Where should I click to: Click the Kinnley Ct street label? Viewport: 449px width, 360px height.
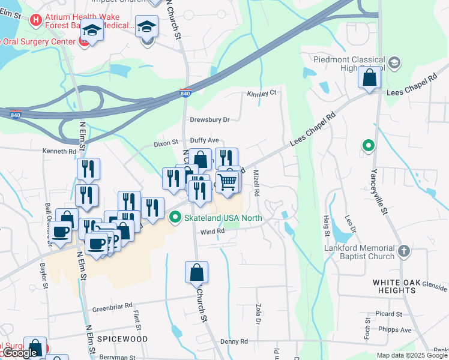(261, 93)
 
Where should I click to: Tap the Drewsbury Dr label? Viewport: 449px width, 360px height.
(210, 119)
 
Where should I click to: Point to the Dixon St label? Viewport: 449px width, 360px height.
(166, 143)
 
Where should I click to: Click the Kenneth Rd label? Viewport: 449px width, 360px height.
(59, 151)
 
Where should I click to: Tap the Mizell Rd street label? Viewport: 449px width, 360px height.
(256, 184)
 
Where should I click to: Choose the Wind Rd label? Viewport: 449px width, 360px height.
(212, 232)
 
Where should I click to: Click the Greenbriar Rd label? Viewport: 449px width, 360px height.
(112, 307)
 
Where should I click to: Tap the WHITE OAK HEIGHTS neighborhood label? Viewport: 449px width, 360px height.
(394, 286)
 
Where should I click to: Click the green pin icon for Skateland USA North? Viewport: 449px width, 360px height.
(175, 218)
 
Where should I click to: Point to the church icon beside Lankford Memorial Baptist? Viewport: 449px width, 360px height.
(405, 250)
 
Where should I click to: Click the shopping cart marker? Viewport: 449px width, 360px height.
(227, 181)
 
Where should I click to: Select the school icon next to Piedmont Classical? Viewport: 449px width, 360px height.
(394, 62)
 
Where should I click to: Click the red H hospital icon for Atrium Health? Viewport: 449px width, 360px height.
(36, 20)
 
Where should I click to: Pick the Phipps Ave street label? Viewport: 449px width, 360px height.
(397, 329)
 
